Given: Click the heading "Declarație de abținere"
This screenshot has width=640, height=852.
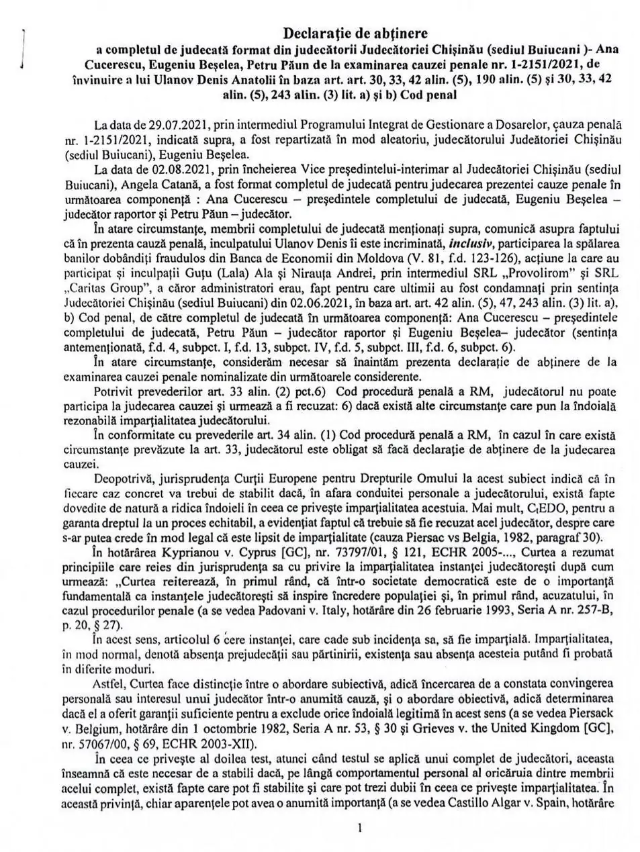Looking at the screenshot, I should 355,32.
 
